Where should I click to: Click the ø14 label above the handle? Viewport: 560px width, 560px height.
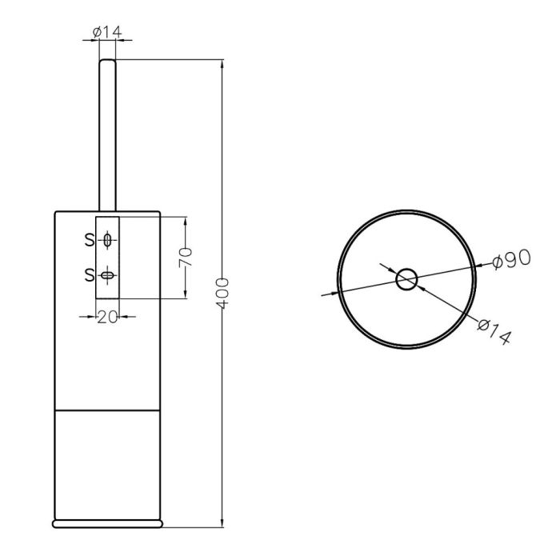pyautogui.click(x=107, y=32)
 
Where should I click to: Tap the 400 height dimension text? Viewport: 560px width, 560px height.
pyautogui.click(x=222, y=293)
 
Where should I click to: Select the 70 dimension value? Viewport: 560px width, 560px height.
pyautogui.click(x=186, y=257)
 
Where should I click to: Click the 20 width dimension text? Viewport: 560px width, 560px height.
pyautogui.click(x=107, y=317)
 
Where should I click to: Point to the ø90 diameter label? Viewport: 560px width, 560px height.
pyautogui.click(x=511, y=259)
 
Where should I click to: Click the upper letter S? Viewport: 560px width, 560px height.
pyautogui.click(x=90, y=240)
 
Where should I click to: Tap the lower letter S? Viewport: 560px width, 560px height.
pyautogui.click(x=90, y=275)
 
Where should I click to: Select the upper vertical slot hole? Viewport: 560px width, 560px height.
pyautogui.click(x=107, y=240)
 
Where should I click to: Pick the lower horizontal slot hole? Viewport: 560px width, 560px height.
pyautogui.click(x=107, y=275)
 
